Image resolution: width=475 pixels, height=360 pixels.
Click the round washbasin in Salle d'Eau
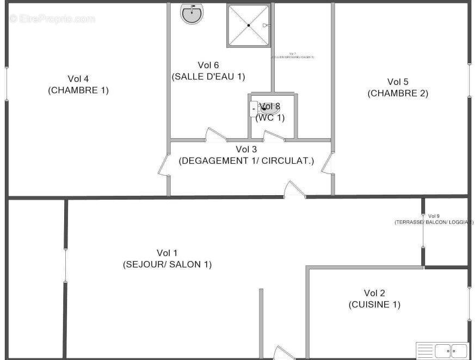coord(192,14)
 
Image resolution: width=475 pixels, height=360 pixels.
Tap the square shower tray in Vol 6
coord(248,25)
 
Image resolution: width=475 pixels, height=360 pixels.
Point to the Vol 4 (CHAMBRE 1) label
coord(78,84)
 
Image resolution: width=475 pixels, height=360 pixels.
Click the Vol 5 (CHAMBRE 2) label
coord(398,88)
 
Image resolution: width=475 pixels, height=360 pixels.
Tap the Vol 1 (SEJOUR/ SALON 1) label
coord(167,258)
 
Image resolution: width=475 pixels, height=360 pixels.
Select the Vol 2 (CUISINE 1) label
coord(374,299)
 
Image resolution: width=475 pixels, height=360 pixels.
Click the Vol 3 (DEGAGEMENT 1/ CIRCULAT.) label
coord(246,155)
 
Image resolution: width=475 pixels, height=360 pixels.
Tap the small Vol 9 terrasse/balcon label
coord(434,219)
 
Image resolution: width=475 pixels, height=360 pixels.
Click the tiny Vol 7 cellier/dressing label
coord(293,55)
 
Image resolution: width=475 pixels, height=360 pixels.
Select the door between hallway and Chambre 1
coord(164,166)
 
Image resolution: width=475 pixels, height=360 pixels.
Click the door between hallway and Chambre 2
coord(327,164)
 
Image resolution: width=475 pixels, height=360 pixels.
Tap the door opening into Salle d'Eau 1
coord(215,135)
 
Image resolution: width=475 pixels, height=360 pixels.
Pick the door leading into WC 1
coord(274,136)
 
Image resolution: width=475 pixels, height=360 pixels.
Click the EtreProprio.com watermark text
coord(52,19)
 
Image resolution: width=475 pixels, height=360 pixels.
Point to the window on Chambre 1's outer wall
coord(7,84)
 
